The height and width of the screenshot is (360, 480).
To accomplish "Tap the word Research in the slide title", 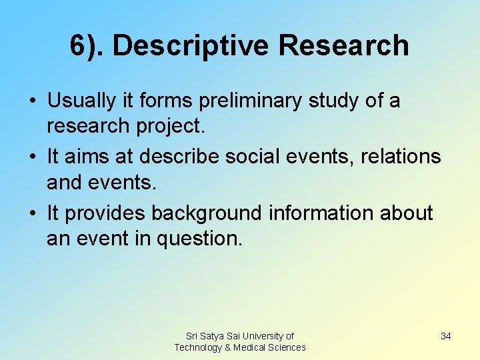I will point(344,45).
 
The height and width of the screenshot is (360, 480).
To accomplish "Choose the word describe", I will point(181,157).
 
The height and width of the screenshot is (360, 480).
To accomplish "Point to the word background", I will point(207,213).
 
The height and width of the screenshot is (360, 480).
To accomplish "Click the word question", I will point(199,239).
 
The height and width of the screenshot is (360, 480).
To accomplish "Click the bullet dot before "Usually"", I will point(33,101).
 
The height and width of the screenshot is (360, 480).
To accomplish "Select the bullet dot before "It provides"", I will point(33,214).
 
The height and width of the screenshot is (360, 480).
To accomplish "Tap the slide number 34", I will point(446,336).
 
